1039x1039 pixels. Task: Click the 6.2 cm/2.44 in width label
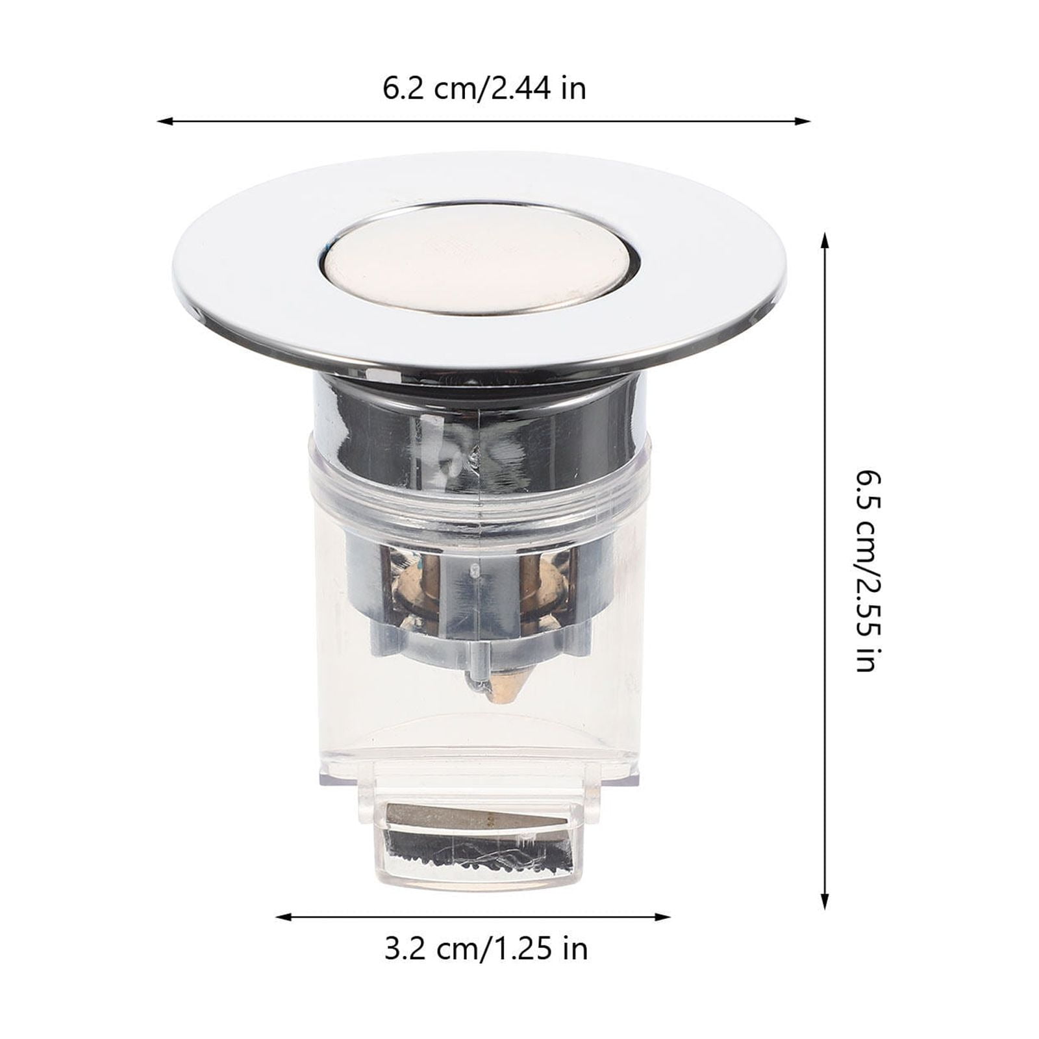coord(484,89)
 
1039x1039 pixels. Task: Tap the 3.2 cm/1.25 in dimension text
coord(486,949)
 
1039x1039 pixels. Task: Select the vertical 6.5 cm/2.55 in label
coord(866,571)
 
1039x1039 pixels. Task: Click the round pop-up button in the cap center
coord(477,258)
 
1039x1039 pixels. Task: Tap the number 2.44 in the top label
coord(523,89)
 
